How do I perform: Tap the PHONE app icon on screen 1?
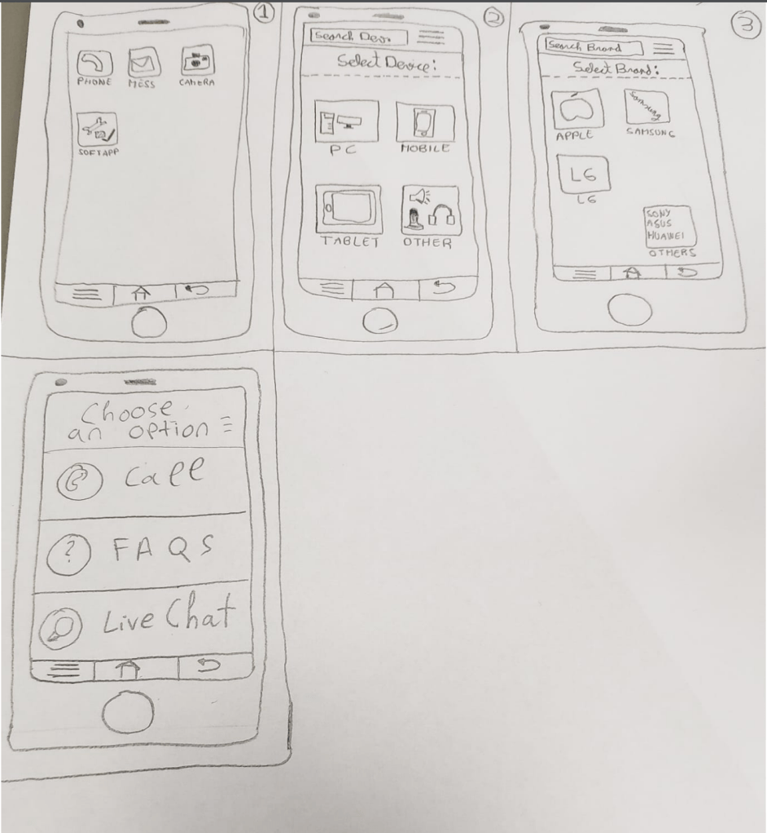coord(94,64)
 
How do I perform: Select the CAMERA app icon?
coord(197,61)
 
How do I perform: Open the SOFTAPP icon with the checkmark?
coord(97,129)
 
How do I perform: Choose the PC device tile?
coord(347,121)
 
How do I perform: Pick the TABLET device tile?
coord(348,208)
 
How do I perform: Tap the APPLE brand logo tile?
coord(576,108)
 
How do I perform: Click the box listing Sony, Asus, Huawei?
coord(669,226)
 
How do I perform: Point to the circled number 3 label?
coord(746,25)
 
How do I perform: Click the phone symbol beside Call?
coord(79,482)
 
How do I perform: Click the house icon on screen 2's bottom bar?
coord(385,289)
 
